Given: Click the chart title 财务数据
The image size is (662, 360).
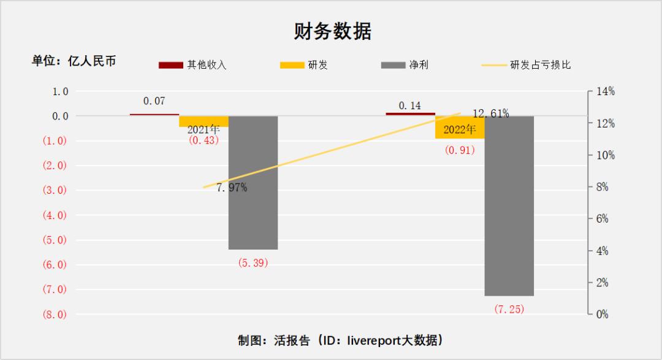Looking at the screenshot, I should point(332,31).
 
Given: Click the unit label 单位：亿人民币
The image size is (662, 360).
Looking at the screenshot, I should point(74,61).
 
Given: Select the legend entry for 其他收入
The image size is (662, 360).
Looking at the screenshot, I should point(192,64).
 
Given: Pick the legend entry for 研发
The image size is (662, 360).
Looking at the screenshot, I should point(303,64).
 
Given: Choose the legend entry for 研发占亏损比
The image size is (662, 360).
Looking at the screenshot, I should point(527,64).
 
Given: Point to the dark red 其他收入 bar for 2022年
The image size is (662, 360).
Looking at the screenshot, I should point(410,114).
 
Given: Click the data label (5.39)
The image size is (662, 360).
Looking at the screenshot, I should point(253,262).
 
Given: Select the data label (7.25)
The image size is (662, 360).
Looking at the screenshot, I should point(509,309).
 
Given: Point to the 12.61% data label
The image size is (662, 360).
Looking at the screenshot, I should point(490,113).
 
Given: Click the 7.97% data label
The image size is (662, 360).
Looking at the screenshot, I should point(232,188).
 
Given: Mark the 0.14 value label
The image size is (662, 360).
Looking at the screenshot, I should point(409,105).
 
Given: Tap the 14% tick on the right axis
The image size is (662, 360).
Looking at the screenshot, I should point(606,91).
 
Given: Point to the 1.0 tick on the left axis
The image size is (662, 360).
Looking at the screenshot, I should point(60,91).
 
